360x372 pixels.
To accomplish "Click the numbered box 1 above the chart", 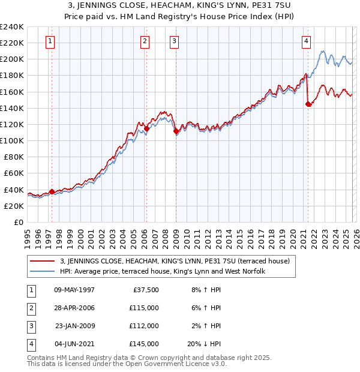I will [x=49, y=41].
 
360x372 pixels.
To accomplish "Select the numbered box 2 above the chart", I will [x=145, y=41].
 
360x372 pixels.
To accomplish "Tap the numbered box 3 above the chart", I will [x=174, y=41].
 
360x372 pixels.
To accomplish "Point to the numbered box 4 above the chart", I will [x=306, y=41].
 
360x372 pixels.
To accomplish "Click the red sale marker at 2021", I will [x=308, y=104].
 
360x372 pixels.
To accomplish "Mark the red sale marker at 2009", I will [x=176, y=131].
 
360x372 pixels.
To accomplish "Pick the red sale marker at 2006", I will [x=146, y=128].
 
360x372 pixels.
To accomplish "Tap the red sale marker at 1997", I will [x=52, y=191].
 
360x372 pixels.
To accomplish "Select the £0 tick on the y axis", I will [x=18, y=222].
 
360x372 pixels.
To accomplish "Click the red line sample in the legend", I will [x=42, y=262].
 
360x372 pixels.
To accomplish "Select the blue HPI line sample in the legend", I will [x=42, y=271].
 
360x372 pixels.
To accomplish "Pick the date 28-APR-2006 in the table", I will [x=74, y=308].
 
